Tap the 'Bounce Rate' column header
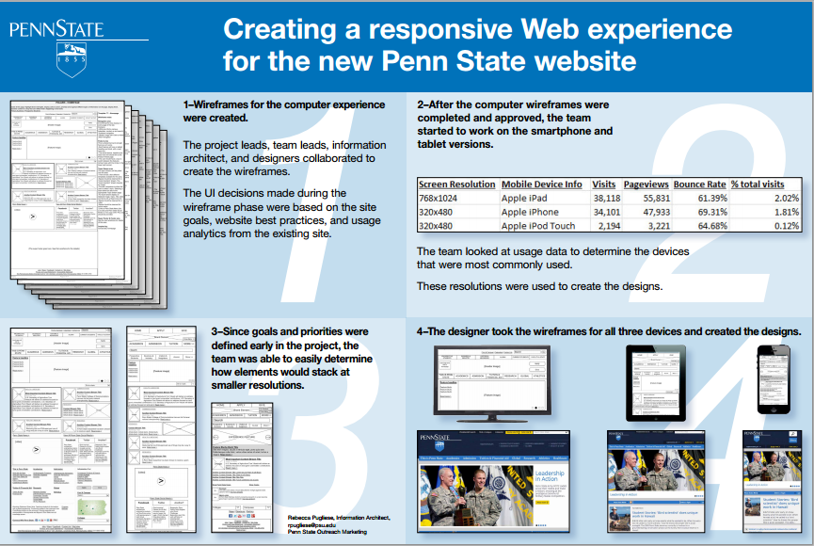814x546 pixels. (x=700, y=185)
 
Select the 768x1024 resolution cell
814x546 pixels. (x=439, y=199)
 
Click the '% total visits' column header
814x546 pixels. (x=766, y=185)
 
